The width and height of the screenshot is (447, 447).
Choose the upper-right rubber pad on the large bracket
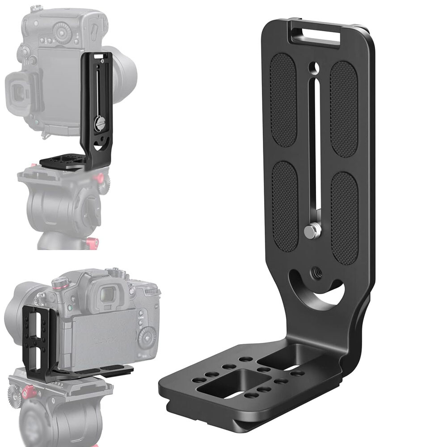pos(344,109)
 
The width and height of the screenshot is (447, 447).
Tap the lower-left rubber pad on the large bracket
pos(284,206)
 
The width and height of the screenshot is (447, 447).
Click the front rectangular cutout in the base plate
pos(222,384)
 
